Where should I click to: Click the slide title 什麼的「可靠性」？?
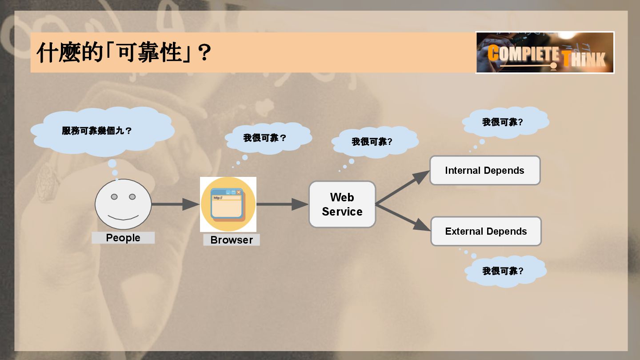[x=124, y=52]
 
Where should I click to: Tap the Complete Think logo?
[x=545, y=52]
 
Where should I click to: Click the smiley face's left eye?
[x=114, y=196]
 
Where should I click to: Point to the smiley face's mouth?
[x=123, y=218]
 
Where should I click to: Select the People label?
[x=123, y=238]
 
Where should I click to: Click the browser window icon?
[x=228, y=204]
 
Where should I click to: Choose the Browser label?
[x=232, y=240]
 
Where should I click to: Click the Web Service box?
[x=342, y=204]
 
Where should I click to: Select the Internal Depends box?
[x=485, y=170]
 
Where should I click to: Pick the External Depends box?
[x=486, y=231]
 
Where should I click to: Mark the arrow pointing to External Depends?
[x=402, y=218]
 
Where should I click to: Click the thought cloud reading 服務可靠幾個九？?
[x=102, y=131]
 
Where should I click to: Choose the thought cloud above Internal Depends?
[x=505, y=122]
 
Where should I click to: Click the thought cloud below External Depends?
[x=505, y=271]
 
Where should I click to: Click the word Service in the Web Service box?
[x=342, y=212]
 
